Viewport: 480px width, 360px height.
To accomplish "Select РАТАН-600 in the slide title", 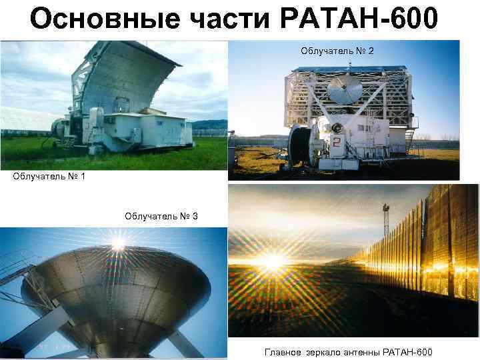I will pyautogui.click(x=360, y=19).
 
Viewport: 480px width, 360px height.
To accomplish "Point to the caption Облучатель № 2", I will pyautogui.click(x=342, y=51).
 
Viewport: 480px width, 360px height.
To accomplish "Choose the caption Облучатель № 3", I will pyautogui.click(x=161, y=216).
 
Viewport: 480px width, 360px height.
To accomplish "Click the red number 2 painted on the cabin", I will pyautogui.click(x=337, y=143).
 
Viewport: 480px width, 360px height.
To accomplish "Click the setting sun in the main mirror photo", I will pyautogui.click(x=273, y=261).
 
